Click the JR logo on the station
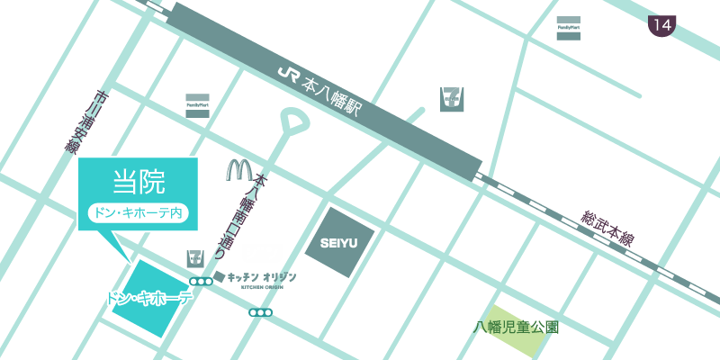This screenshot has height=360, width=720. click(287, 72)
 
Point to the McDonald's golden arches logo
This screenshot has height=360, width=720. click(240, 169)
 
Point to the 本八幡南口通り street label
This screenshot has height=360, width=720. click(260, 216)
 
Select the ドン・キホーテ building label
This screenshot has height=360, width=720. click(149, 298)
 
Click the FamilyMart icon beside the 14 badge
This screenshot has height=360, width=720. click(568, 28)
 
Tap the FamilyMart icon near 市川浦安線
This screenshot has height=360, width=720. click(197, 103)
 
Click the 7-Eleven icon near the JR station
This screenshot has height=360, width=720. click(450, 100)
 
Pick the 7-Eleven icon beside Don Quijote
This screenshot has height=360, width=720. click(194, 259)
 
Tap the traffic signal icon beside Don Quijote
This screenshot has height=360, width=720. click(201, 281)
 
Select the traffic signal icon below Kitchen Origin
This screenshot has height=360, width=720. click(261, 312)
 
